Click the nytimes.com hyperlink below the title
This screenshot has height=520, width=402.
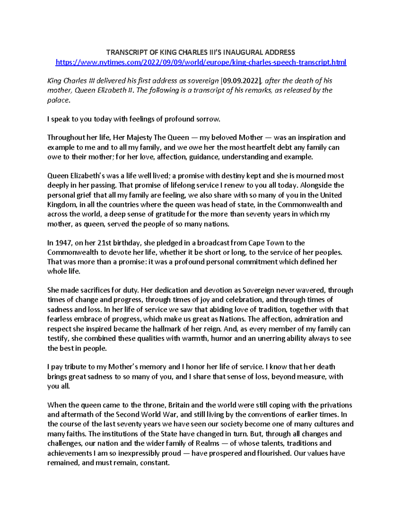(201, 62)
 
